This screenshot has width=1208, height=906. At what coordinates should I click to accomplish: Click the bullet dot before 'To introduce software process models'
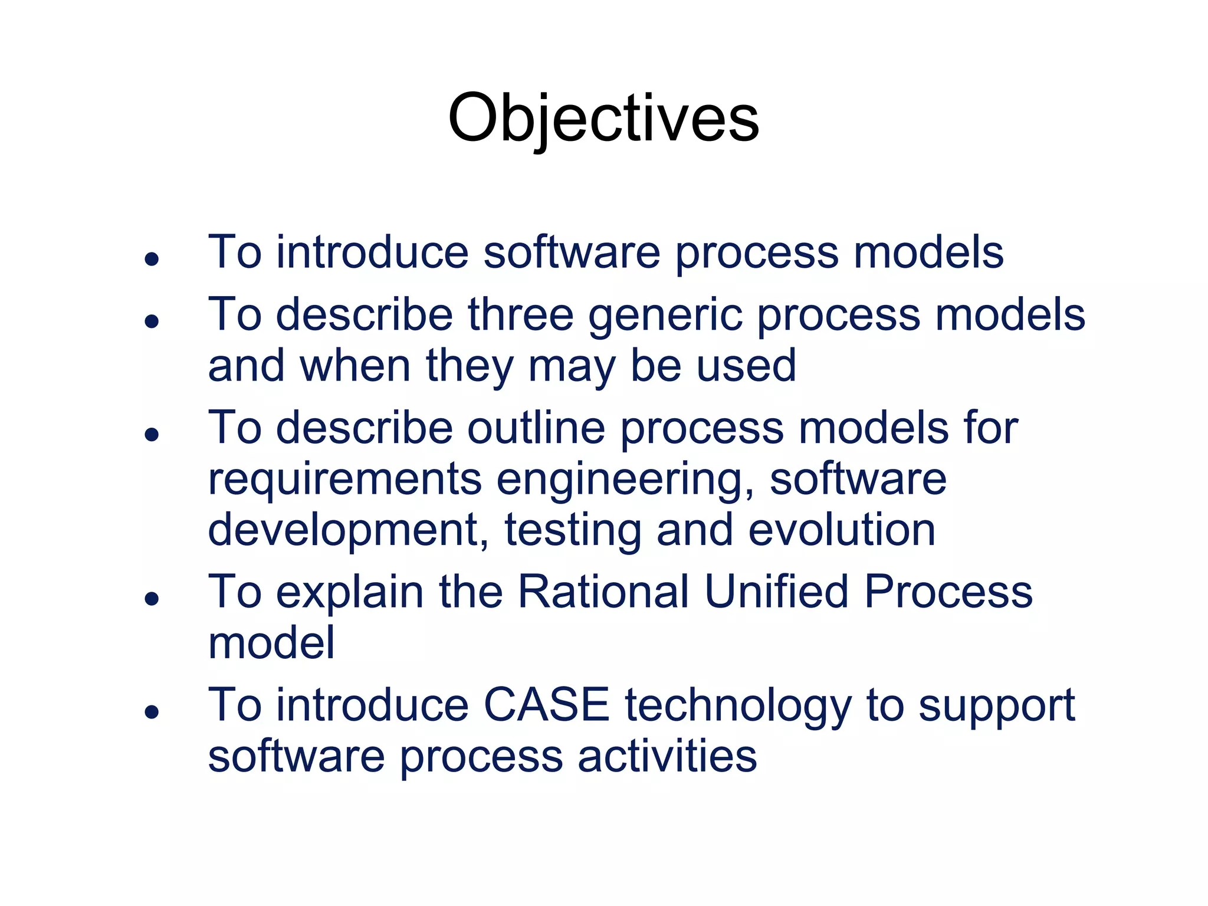152,259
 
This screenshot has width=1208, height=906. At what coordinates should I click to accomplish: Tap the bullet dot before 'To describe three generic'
152,321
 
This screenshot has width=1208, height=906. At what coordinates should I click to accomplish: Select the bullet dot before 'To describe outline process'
152,435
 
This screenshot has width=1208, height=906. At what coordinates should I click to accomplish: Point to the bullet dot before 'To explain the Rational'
152,599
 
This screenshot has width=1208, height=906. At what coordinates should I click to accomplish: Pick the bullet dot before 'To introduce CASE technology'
152,712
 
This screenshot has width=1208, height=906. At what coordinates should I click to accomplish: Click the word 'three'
521,314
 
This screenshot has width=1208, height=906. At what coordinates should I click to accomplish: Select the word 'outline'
536,428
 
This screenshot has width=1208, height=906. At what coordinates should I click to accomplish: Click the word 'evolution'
842,530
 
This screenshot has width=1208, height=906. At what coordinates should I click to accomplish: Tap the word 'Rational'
603,592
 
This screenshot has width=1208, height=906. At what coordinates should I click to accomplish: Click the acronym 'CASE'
546,705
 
